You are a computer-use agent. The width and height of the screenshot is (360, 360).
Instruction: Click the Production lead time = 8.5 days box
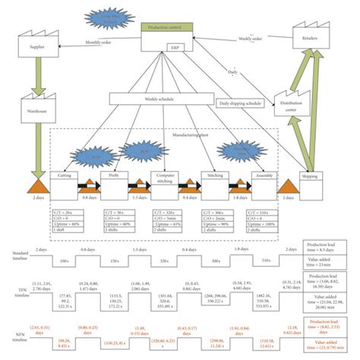coord(329,247)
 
